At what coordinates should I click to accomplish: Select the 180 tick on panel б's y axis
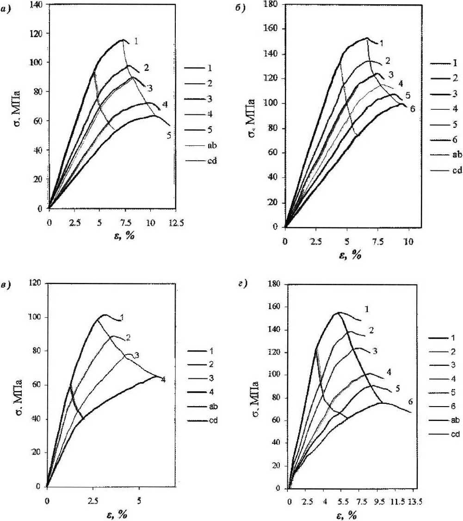click(273, 5)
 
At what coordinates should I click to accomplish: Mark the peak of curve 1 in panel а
click(123, 40)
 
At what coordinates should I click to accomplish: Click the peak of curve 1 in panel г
click(339, 313)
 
